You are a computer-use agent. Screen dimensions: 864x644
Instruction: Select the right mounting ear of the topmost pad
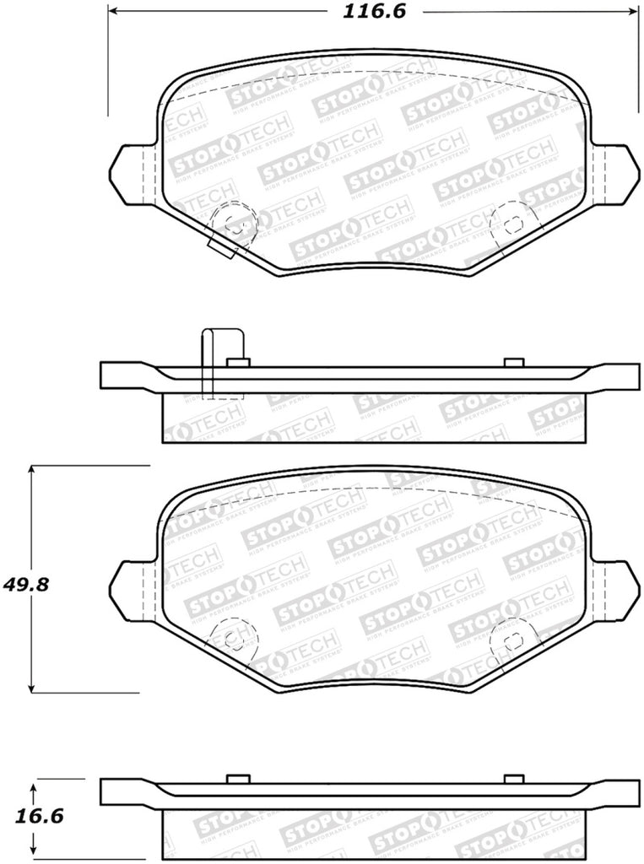(x=614, y=173)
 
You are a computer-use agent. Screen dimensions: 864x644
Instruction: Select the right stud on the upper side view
(x=512, y=362)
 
